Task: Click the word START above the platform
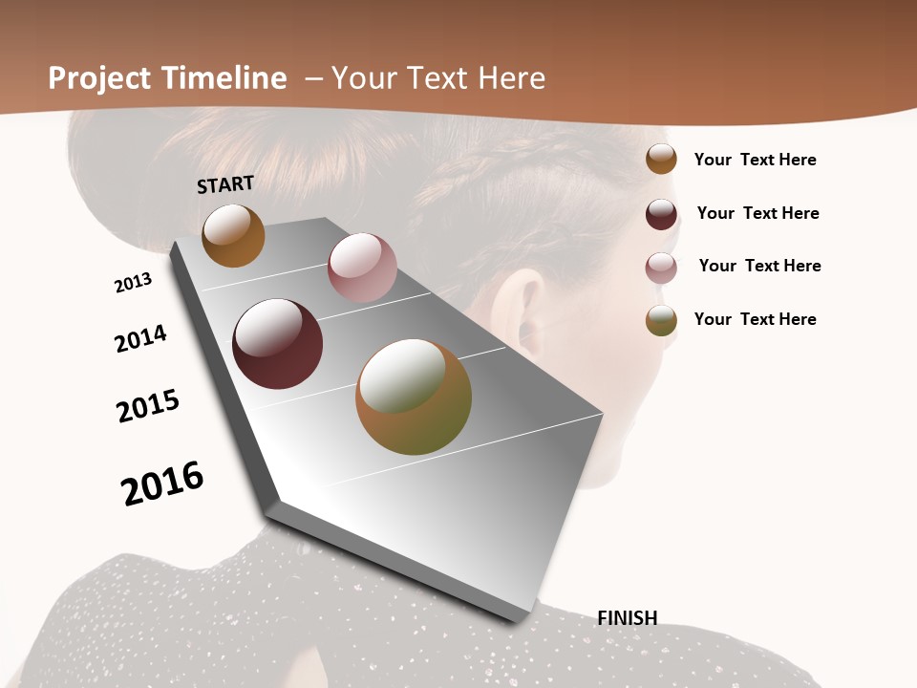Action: coord(225,183)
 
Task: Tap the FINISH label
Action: coord(628,618)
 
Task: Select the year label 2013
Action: coord(134,283)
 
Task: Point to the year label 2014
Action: coord(141,338)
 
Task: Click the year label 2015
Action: coord(148,406)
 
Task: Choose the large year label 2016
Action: coord(162,483)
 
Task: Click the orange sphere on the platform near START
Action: coord(233,235)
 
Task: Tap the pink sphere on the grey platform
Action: coord(362,268)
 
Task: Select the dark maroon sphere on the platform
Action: coord(277,344)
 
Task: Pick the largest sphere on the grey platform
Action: coord(414,397)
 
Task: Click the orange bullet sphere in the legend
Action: coord(661,159)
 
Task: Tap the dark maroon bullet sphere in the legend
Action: coord(661,214)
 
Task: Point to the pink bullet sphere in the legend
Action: coord(661,268)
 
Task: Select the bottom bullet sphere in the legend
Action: coord(661,320)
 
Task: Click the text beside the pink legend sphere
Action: coord(759,266)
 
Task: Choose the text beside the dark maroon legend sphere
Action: coord(757,213)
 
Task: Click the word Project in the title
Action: coord(99,78)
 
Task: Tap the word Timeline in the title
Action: coord(224,78)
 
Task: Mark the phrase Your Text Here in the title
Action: coord(437,78)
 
